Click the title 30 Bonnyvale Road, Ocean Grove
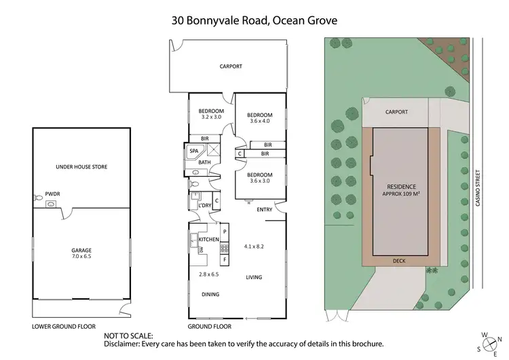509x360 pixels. pos(254,20)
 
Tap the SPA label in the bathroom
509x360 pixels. pos(193,151)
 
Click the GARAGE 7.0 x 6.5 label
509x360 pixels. pos(81,253)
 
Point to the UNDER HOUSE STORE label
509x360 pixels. pos(81,166)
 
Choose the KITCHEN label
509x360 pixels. pos(209,240)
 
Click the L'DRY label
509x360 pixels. pos(204,205)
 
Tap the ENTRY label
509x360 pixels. pos(265,209)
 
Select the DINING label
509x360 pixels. pos(210,294)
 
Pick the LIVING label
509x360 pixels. pos(254,277)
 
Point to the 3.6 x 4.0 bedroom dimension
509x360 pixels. pos(260,122)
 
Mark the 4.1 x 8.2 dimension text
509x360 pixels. pos(254,245)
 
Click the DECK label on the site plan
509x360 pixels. pos(400,260)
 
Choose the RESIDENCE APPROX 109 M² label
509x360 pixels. pos(400,190)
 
